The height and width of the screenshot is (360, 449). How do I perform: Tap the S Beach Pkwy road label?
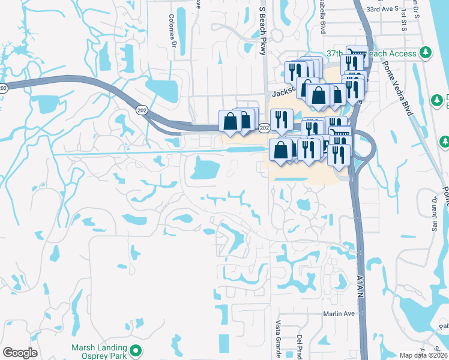pos(262,31)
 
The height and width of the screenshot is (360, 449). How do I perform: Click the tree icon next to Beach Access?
pos(426,53)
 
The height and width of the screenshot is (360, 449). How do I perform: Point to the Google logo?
pos(20,353)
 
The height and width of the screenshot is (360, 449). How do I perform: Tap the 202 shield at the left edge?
pos(4,88)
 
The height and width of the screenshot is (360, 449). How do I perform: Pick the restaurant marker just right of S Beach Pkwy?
pos(281,119)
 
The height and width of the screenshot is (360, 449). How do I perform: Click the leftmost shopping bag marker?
pos(230,121)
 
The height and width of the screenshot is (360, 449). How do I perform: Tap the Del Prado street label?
pos(298,345)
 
